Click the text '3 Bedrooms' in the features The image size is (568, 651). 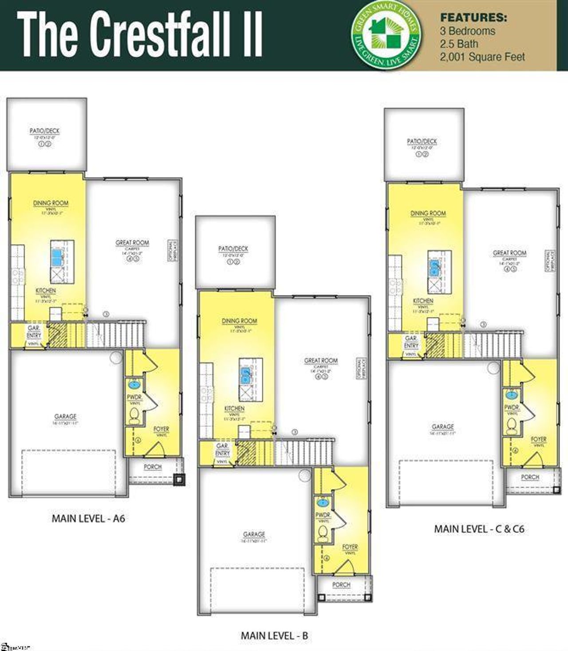[467, 31]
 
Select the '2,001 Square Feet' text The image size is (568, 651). [482, 57]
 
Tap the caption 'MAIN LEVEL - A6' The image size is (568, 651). [88, 518]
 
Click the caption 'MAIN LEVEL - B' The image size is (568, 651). [274, 635]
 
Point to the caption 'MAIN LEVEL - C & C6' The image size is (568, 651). [479, 529]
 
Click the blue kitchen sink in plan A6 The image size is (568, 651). [57, 257]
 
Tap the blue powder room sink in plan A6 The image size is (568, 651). [133, 384]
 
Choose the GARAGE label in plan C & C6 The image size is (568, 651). [442, 427]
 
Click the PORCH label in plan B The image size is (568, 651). [341, 585]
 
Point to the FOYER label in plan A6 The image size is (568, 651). [161, 429]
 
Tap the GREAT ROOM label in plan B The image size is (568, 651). [321, 361]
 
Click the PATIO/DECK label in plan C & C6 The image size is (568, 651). [422, 141]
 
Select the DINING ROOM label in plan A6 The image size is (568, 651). [51, 203]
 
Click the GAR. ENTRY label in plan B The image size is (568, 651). [222, 449]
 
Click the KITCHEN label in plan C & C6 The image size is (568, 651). [423, 301]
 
